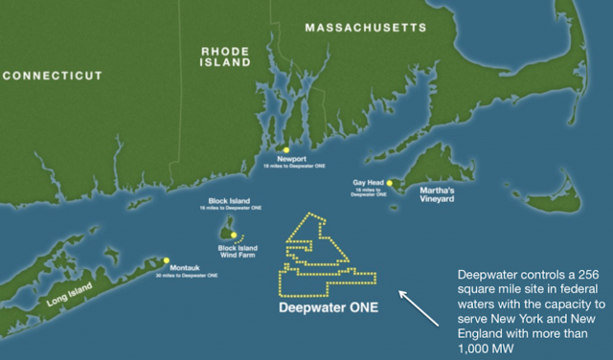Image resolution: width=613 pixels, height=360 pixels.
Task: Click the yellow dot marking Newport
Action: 285,149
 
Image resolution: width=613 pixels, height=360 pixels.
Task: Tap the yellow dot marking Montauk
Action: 167,259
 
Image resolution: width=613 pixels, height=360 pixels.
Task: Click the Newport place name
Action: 290,159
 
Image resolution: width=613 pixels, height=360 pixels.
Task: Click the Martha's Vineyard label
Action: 441,195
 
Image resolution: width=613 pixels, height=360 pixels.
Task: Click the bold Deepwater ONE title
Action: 329,308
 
